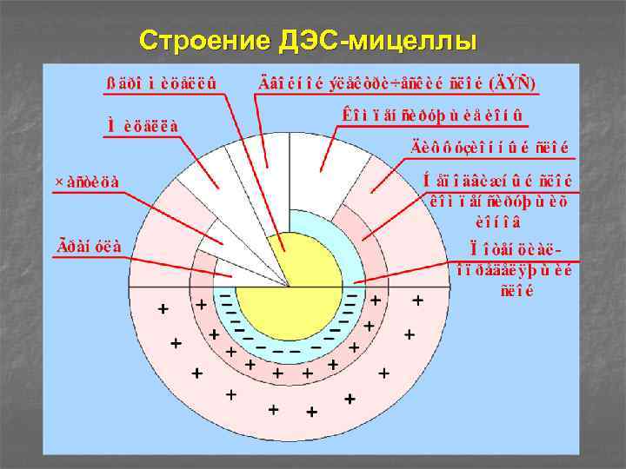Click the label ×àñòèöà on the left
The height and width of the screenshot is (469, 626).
pyautogui.click(x=87, y=182)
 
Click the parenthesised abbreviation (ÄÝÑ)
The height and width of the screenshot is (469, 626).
pyautogui.click(x=516, y=84)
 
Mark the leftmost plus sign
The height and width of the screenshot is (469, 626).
pyautogui.click(x=162, y=308)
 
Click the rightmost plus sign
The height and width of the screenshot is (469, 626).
pyautogui.click(x=417, y=301)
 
